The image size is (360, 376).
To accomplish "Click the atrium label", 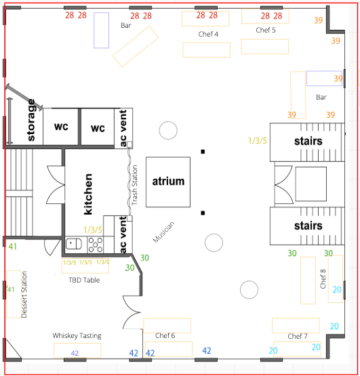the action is (x=168, y=182).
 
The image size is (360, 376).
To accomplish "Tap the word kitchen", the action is (x=88, y=194).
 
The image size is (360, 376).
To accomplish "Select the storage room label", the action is (x=31, y=120).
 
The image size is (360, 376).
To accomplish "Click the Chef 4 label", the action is (x=208, y=34).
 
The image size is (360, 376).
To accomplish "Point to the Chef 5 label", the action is (x=266, y=30).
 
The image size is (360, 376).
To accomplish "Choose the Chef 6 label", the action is (x=165, y=335).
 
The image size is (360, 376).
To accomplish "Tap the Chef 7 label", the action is (x=298, y=336).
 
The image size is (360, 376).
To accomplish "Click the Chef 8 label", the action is (x=323, y=278).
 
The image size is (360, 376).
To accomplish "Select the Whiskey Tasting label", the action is (x=77, y=336).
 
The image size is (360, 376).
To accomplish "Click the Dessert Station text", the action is (x=24, y=295).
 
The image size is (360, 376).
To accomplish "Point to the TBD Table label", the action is (x=84, y=280).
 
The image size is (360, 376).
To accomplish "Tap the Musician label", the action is (x=163, y=232).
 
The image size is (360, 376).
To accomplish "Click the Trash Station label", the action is (x=135, y=185).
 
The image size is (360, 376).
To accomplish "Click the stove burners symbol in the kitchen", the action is (x=96, y=245).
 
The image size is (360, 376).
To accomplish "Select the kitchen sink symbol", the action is (x=74, y=244).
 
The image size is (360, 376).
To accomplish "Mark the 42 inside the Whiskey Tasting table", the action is (x=75, y=353).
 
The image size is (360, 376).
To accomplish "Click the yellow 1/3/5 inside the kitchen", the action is (x=93, y=230).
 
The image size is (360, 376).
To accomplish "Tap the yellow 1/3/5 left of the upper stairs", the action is (x=258, y=140).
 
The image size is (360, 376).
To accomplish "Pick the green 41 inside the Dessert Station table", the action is (x=10, y=289).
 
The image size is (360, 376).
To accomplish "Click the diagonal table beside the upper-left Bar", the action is (x=136, y=47).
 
